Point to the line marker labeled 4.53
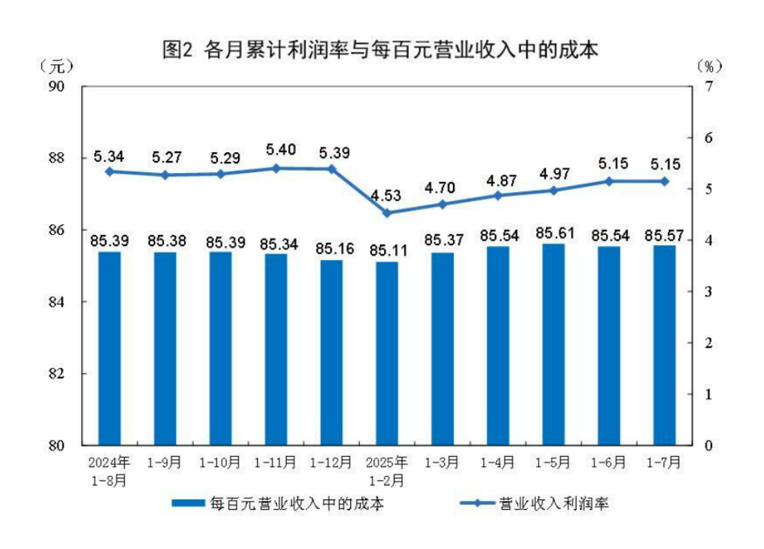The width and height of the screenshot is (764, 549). pos(387,213)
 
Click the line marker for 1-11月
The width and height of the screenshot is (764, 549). pos(276,168)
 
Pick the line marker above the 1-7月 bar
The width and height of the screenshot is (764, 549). pos(665,181)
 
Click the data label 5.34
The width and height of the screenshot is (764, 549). pos(109,156)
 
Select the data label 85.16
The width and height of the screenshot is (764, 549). pos(331,247)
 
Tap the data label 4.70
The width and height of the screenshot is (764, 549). pos(443,187)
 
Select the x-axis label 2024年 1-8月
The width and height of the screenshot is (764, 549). pos(109,470)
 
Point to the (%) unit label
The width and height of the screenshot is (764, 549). pos(709,67)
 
